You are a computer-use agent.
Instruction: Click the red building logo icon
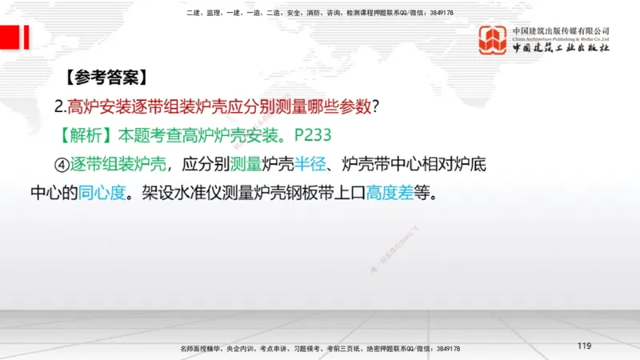tap(493, 40)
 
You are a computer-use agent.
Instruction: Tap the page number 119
tap(583, 346)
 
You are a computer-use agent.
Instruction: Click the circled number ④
tap(62, 164)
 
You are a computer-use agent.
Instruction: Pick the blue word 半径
tap(310, 164)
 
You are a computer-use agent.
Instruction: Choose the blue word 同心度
tap(103, 193)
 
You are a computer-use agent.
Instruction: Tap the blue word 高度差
tap(392, 193)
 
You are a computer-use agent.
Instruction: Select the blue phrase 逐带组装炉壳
tap(118, 164)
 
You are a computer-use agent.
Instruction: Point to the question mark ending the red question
tap(374, 106)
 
